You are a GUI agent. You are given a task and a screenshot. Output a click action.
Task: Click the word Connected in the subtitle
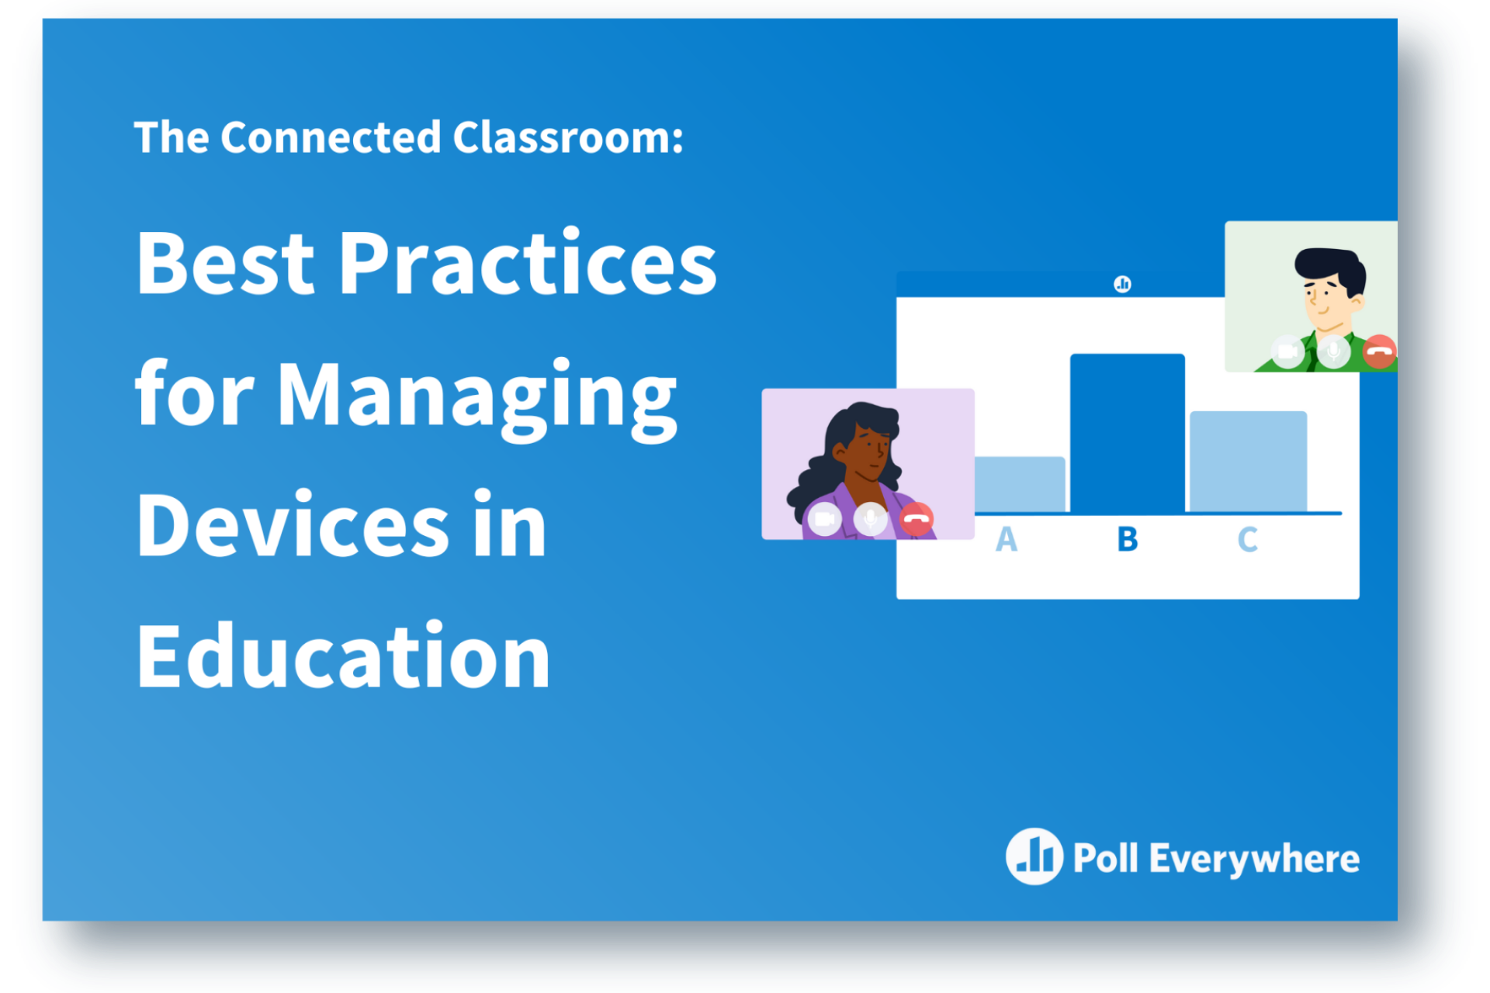pos(331,137)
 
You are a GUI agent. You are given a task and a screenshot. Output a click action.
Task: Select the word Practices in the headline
pos(528,264)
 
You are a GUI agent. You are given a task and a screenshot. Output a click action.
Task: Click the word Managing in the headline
pos(476,396)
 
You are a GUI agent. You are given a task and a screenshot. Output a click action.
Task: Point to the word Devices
pos(293,526)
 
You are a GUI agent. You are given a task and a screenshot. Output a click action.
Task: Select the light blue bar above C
pos(1248,461)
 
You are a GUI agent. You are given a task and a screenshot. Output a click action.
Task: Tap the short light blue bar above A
pos(1020,484)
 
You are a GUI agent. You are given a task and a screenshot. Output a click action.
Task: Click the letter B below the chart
pos(1128,539)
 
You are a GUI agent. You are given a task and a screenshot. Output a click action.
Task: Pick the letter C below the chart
pos(1248,539)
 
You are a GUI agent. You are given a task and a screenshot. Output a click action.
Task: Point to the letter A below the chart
pos(1007,539)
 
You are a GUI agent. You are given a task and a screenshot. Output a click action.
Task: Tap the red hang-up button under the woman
pos(917,519)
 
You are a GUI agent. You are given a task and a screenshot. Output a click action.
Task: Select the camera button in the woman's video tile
pos(824,519)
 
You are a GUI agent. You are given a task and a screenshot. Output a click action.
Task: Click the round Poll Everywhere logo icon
pos(1034,856)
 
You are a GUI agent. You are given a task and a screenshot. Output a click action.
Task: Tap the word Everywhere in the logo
pos(1254,859)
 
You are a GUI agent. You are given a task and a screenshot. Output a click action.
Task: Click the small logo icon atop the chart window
pos(1122,284)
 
